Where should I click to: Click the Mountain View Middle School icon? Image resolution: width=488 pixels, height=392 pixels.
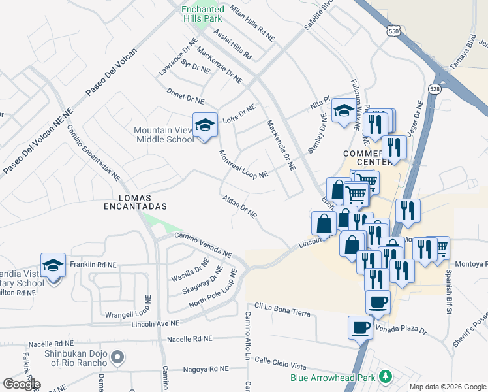pos(204,125)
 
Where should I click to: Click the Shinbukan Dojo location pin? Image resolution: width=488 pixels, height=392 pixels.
pos(117,357)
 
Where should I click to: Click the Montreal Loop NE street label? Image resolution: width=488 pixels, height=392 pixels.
pos(243,165)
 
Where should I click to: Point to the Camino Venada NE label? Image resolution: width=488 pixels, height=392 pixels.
pos(202,244)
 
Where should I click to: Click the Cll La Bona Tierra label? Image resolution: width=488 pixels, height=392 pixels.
pos(282,309)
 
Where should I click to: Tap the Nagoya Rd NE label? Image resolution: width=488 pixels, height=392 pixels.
pos(206,369)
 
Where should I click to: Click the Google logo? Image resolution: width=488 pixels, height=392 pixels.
pos(21,384)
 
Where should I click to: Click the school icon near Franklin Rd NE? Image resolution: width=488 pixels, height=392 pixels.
pos(53,266)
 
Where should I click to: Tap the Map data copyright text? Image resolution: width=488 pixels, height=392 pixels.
pos(448,387)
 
